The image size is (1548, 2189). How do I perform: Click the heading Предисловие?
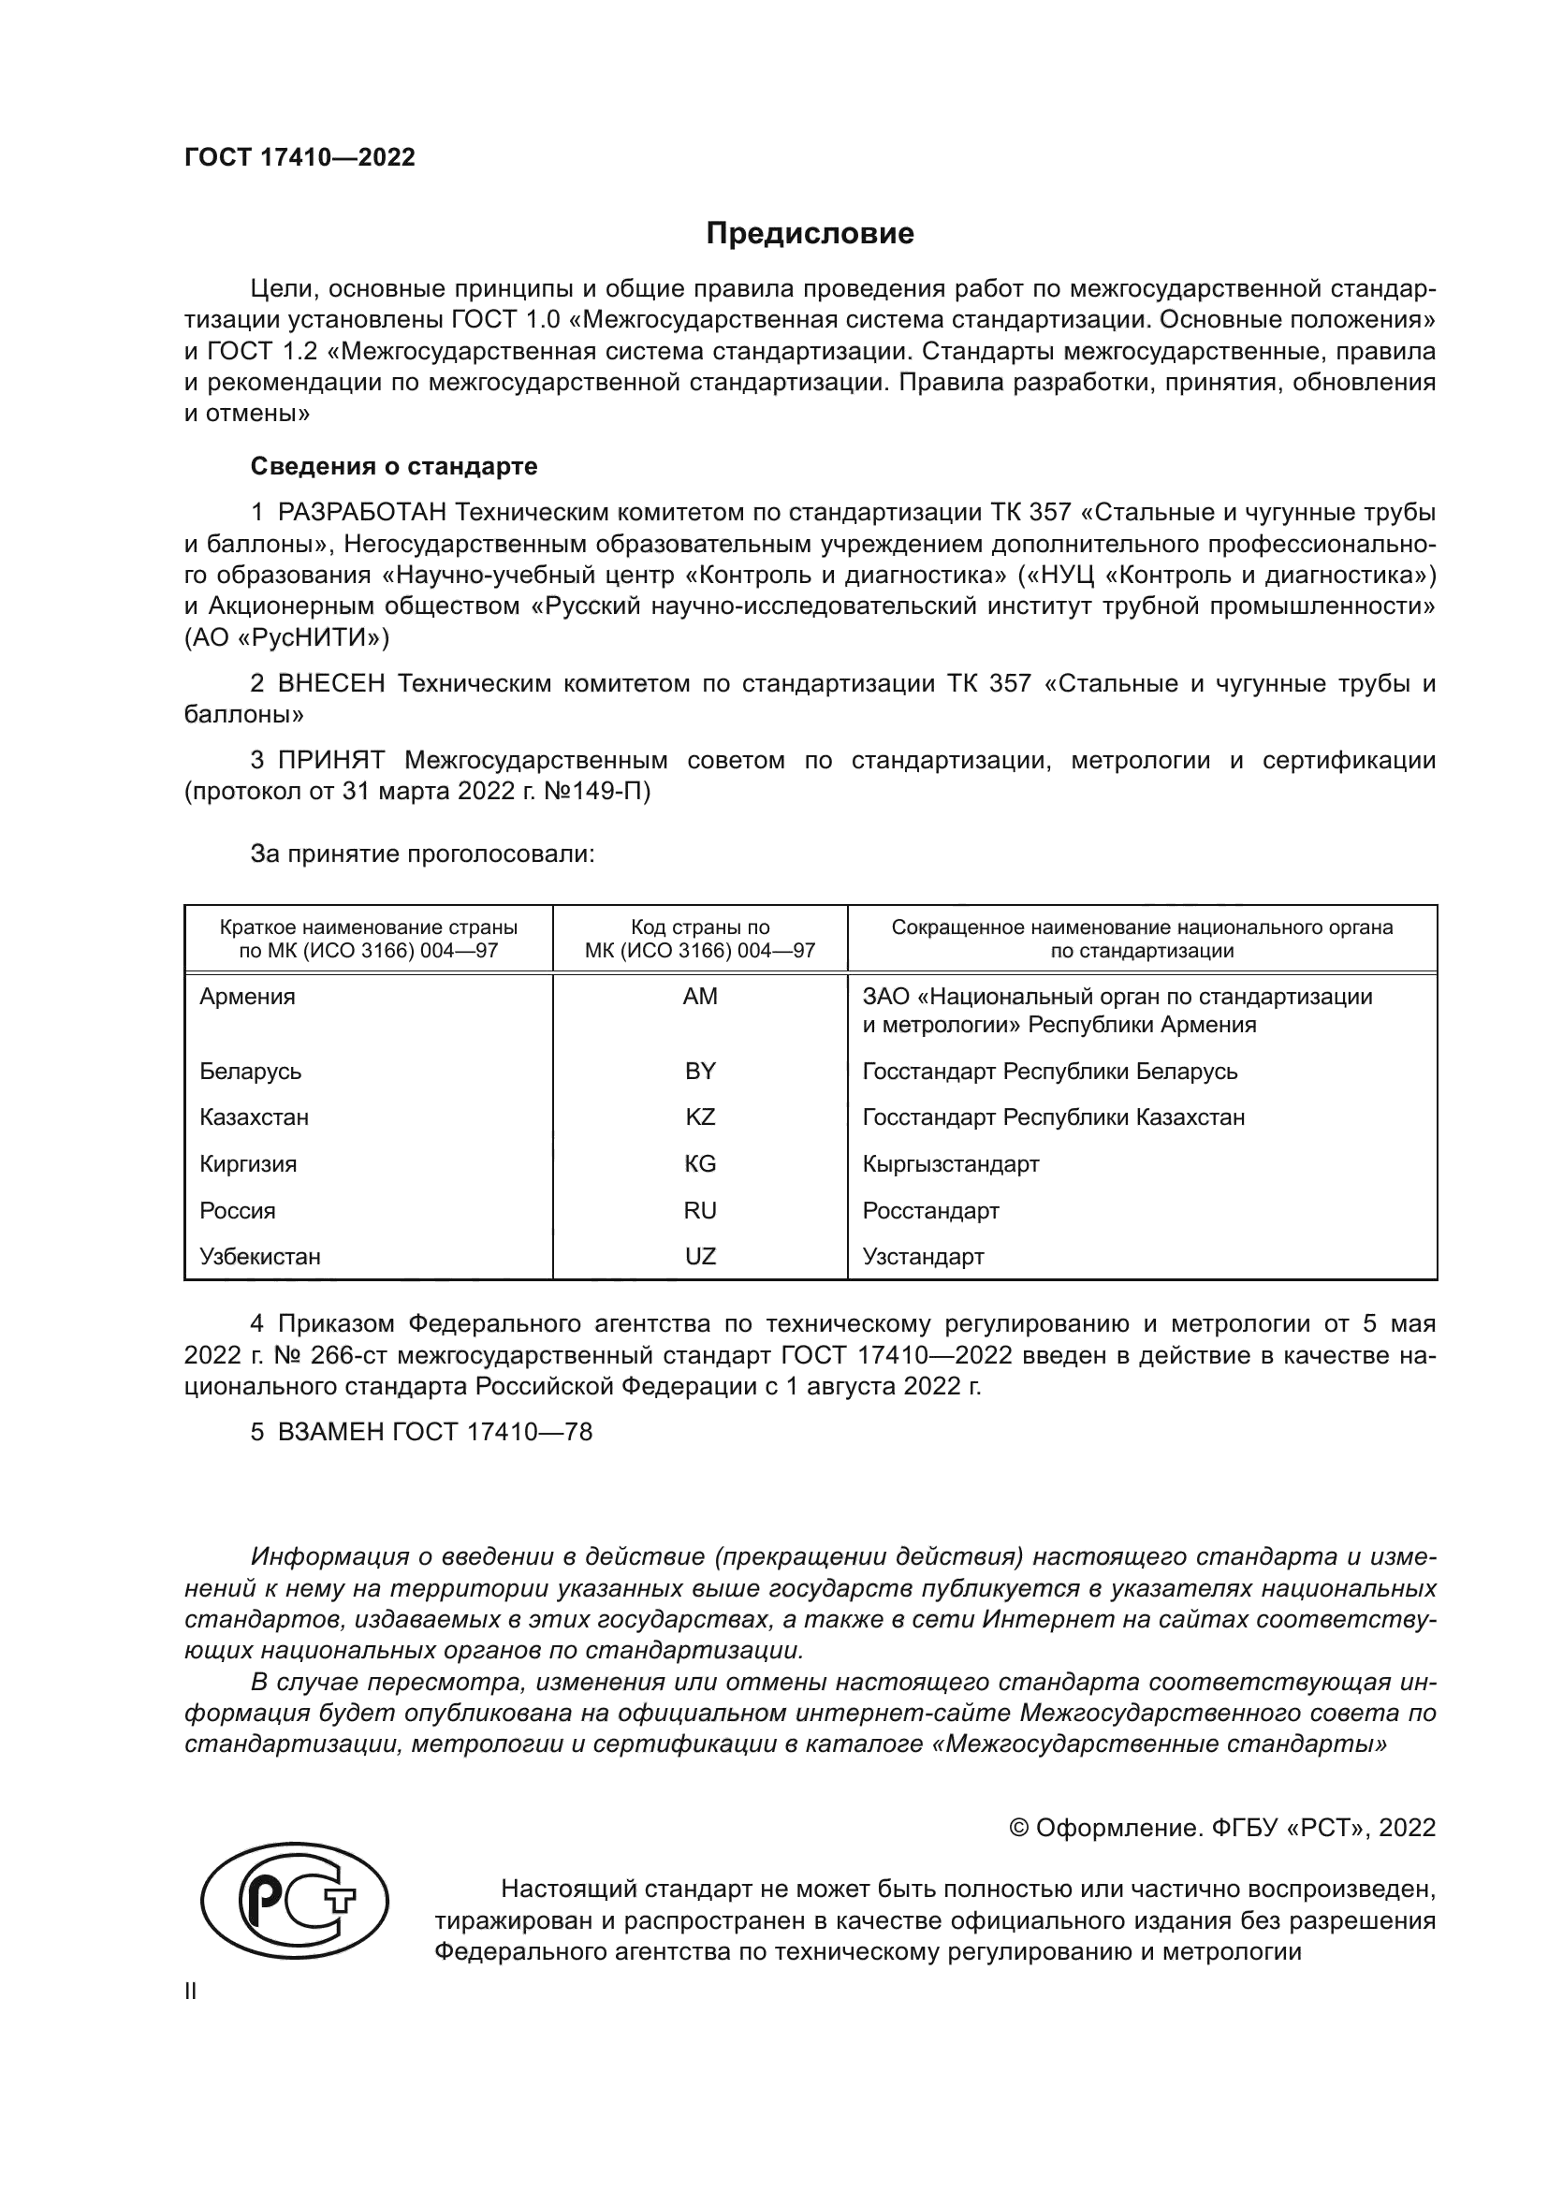click(810, 234)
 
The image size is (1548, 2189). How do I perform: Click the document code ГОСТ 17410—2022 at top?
click(299, 157)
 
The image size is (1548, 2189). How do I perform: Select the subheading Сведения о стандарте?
click(394, 466)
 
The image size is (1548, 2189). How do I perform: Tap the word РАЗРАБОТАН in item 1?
click(362, 513)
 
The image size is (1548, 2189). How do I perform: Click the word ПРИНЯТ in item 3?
click(331, 760)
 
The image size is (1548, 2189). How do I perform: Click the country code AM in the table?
click(700, 997)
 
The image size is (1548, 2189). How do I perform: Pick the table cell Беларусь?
click(250, 1071)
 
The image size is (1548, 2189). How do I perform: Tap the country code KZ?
click(700, 1116)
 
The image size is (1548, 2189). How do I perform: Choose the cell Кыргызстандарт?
click(950, 1164)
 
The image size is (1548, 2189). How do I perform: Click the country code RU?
click(700, 1211)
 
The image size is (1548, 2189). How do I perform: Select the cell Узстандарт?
click(923, 1257)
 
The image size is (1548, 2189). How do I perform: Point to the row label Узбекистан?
click(259, 1257)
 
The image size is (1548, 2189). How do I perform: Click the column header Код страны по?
click(700, 927)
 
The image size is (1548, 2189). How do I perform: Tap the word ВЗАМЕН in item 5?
click(331, 1432)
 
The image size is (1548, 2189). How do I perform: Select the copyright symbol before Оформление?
click(1018, 1828)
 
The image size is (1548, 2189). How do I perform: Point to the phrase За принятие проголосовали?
click(422, 854)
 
